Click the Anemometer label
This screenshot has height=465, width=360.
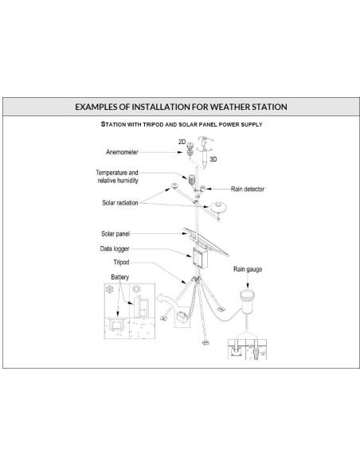point(122,152)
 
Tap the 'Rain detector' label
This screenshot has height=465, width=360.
point(248,189)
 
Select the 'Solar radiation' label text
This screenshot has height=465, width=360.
point(120,203)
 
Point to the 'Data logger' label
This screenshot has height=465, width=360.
point(115,248)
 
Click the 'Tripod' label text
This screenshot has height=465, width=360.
point(122,262)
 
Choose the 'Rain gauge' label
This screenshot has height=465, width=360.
point(248,269)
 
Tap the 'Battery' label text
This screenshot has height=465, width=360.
point(119,277)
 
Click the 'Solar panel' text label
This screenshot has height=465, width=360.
point(115,233)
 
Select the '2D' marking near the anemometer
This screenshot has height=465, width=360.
point(182,142)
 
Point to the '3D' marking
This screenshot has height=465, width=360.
point(213,159)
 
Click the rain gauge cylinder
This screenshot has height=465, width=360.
point(248,301)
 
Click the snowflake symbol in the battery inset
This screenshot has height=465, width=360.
point(110,289)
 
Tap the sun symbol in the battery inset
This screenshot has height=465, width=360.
point(136,289)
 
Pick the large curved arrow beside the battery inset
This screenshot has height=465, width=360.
point(166,299)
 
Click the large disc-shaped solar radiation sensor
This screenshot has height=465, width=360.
point(218,207)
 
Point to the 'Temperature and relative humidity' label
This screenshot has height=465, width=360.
point(117,177)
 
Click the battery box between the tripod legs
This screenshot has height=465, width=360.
point(182,317)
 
